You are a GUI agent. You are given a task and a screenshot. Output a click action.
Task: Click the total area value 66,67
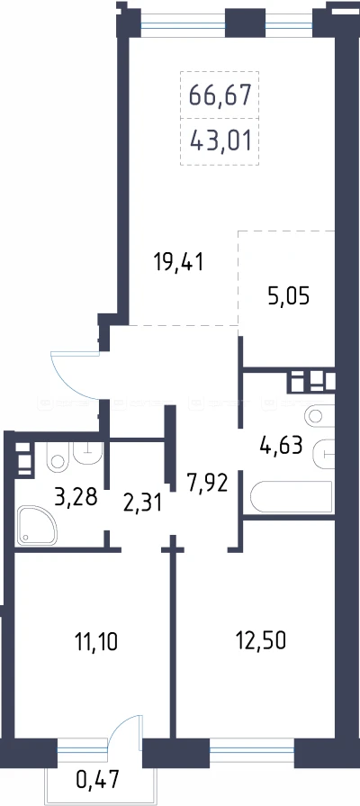pyautogui.click(x=220, y=95)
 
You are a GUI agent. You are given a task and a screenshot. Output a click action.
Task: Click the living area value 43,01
pyautogui.click(x=220, y=140)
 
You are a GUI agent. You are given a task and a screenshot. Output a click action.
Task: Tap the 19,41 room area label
pyautogui.click(x=179, y=263)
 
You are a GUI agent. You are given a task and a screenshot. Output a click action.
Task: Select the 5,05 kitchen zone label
pyautogui.click(x=289, y=296)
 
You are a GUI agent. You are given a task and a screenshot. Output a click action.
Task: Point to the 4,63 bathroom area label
pyautogui.click(x=281, y=444)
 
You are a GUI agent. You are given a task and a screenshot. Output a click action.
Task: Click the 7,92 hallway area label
pyautogui.click(x=208, y=484)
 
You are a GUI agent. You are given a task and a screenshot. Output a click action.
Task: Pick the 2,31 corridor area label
pyautogui.click(x=143, y=502)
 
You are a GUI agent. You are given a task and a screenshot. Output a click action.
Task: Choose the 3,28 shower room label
pyautogui.click(x=76, y=497)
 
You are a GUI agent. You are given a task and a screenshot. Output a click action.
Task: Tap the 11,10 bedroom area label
pyautogui.click(x=96, y=641)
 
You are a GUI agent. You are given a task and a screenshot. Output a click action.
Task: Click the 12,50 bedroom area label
pyautogui.click(x=260, y=640)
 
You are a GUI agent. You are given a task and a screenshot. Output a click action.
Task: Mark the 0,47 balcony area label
pyautogui.click(x=97, y=780)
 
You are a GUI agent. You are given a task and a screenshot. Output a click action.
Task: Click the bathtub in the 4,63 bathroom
pyautogui.click(x=292, y=497)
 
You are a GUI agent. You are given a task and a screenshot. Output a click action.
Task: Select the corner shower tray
pyautogui.click(x=36, y=525)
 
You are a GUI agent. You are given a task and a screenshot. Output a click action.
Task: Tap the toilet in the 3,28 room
pyautogui.click(x=57, y=456)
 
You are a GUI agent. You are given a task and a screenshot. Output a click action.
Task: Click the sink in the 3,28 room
pyautogui.click(x=88, y=452)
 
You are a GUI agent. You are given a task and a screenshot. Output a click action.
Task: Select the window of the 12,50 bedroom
pyautogui.click(x=252, y=754)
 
